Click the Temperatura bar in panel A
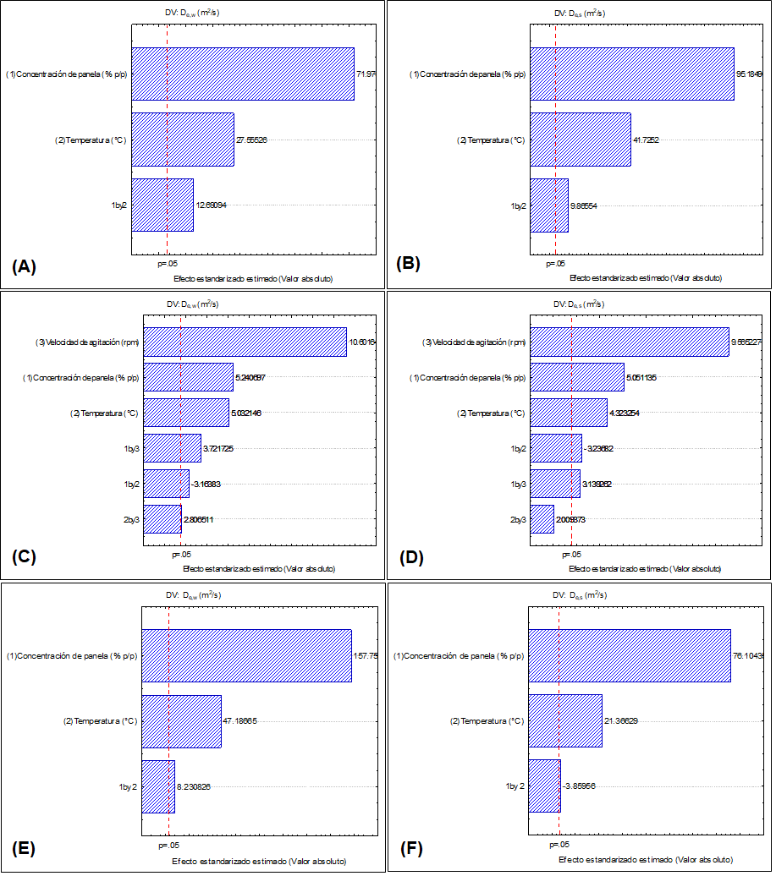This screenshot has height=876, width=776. click(x=182, y=140)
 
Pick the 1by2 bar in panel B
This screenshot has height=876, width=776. click(x=548, y=205)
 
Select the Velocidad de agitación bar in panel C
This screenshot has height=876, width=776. click(x=245, y=342)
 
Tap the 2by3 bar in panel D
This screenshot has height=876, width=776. click(x=542, y=518)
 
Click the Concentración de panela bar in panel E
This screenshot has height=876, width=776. click(x=245, y=655)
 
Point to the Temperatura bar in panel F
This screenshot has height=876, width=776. click(x=564, y=720)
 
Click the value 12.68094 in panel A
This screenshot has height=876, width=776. click(x=211, y=205)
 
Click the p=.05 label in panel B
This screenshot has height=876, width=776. click(x=555, y=263)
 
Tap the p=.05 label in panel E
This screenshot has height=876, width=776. click(x=169, y=845)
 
